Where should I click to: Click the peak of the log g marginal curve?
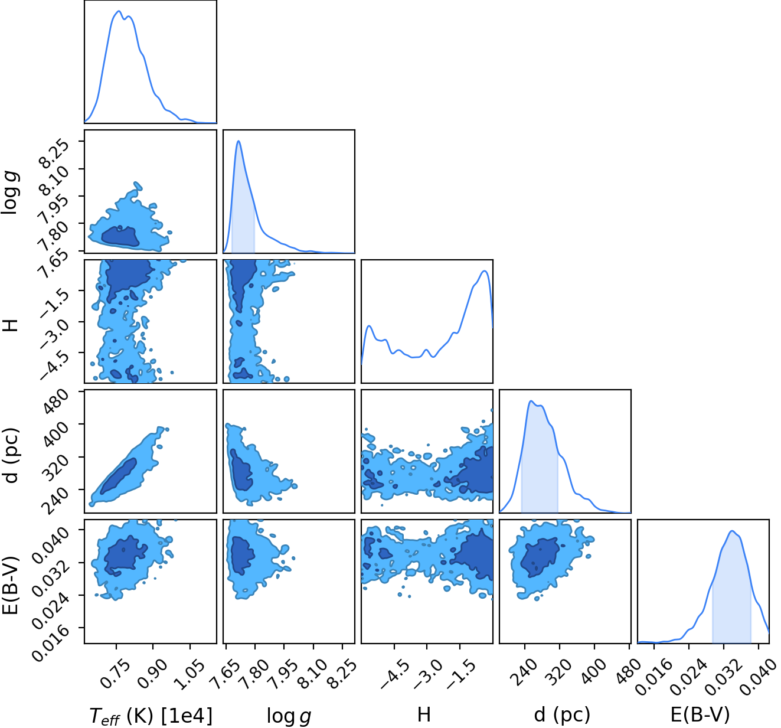[238, 141]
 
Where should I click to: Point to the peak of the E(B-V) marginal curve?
[732, 531]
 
